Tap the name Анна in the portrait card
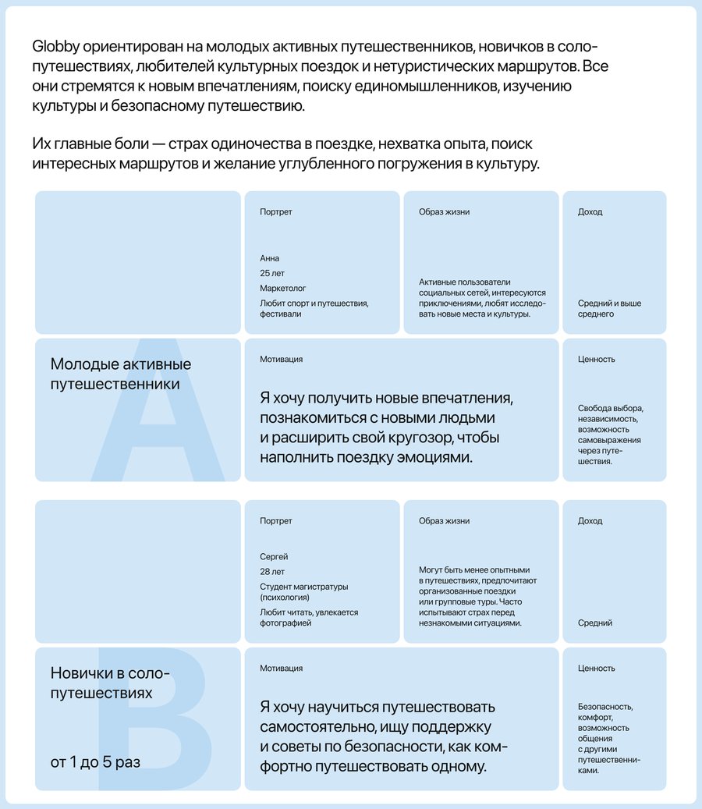(270, 258)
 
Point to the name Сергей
(275, 556)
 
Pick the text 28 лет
(273, 572)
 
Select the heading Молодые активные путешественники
(121, 374)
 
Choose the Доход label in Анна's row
(590, 212)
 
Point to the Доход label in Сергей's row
(590, 521)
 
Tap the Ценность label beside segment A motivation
(597, 360)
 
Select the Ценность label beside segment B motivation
(597, 669)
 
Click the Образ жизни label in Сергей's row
(444, 521)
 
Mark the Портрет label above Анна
(276, 212)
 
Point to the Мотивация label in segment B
(282, 669)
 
